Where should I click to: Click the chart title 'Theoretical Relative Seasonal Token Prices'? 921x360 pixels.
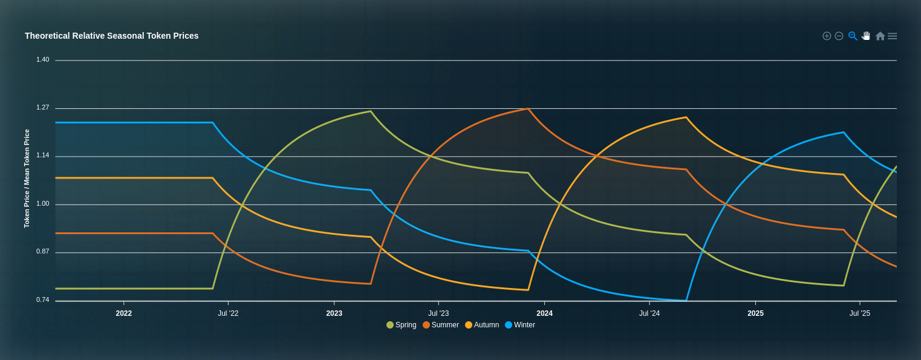point(111,36)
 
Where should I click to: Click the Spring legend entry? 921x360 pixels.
point(402,325)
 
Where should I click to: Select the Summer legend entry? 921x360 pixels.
point(441,325)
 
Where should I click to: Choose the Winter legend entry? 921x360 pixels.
point(520,325)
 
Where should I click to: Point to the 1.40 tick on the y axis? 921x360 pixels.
point(42,59)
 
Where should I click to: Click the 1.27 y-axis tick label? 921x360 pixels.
point(42,107)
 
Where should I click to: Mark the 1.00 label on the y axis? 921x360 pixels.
point(42,203)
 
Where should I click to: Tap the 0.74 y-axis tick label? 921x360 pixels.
point(42,299)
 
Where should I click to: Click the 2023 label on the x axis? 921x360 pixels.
point(334,313)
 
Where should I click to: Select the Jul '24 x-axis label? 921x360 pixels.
point(649,313)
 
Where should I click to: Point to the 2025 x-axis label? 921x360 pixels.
point(755,313)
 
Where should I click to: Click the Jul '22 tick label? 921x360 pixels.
point(228,313)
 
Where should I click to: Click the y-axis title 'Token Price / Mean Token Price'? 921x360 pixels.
point(27,178)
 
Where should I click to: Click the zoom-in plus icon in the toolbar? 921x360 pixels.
point(827,36)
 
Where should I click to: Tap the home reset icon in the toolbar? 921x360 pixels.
point(880,36)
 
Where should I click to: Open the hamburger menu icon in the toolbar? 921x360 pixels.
point(893,36)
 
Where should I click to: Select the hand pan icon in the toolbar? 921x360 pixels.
point(866,36)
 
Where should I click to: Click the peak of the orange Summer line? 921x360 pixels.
point(528,109)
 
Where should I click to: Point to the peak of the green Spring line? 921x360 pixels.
point(371,111)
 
